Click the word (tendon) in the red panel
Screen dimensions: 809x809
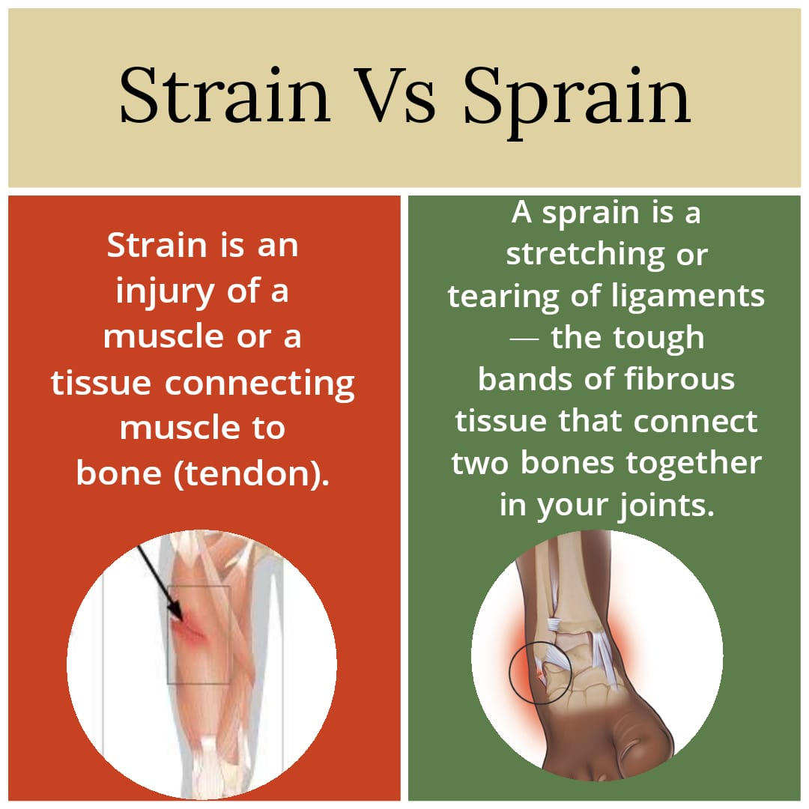click(x=251, y=473)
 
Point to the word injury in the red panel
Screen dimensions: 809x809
click(x=164, y=292)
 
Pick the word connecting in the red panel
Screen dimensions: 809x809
click(x=259, y=384)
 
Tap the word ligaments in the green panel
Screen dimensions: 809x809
click(x=687, y=296)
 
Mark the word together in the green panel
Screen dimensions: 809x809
click(x=694, y=464)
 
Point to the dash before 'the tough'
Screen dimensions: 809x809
click(x=524, y=339)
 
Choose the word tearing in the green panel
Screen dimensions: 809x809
click(x=503, y=297)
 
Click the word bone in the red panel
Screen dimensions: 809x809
click(x=118, y=473)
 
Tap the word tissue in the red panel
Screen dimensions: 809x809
click(x=101, y=384)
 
